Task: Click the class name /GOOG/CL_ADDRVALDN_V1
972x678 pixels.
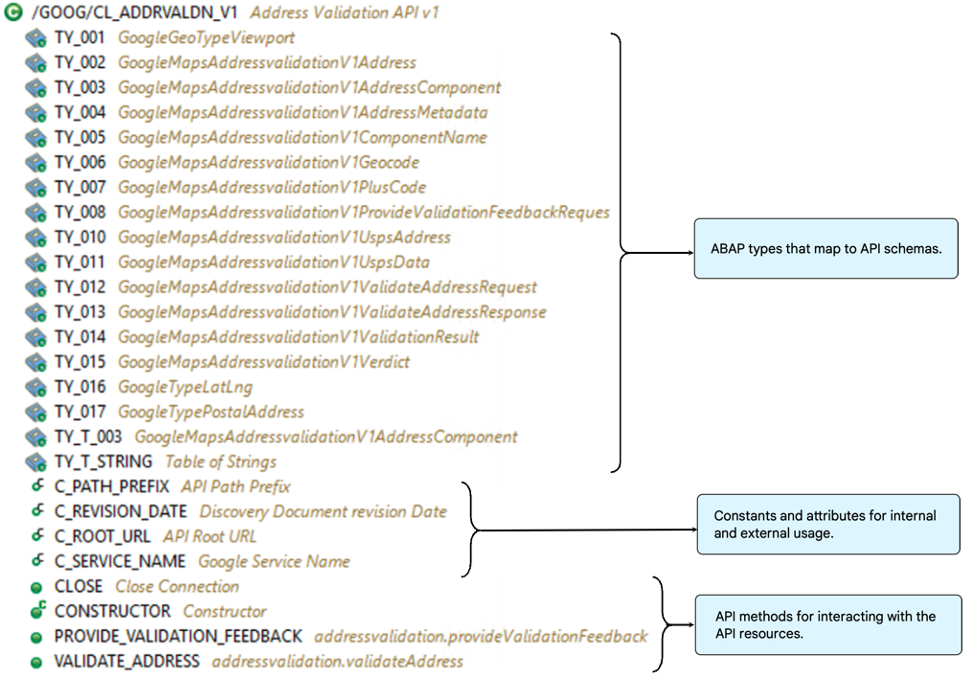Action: point(134,13)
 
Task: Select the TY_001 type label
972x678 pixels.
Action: point(79,38)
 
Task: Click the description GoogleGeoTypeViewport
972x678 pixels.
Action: point(206,38)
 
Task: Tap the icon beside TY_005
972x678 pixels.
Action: point(36,138)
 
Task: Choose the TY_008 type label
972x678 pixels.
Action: point(79,213)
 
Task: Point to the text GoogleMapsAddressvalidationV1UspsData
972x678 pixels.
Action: point(273,262)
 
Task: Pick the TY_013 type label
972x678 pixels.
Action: point(79,312)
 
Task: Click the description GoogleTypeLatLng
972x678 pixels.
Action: point(185,387)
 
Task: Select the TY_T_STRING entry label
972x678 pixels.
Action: point(102,462)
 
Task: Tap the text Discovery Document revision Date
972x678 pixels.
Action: point(323,511)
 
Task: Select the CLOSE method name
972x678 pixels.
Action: point(79,586)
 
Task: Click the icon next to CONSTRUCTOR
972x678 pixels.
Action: point(36,611)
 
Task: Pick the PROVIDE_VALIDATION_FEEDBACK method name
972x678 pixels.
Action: point(178,636)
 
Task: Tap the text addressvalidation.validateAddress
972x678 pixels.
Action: point(337,661)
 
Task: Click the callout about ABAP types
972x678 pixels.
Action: point(825,248)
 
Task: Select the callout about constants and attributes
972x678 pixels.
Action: point(826,524)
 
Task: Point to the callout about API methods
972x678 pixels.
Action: point(826,623)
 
